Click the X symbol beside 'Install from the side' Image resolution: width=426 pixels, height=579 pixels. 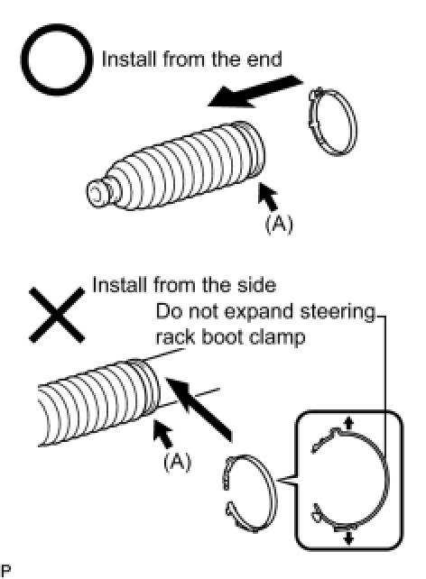coord(57,315)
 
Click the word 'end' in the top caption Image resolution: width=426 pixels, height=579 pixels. coord(264,60)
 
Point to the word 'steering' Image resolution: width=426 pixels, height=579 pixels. coord(338,312)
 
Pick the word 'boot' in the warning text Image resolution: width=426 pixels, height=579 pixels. coord(222,336)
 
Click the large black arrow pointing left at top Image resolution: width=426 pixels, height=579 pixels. coord(255,92)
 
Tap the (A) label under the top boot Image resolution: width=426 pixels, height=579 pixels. coord(279,224)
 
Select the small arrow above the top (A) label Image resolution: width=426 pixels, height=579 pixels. coord(267,197)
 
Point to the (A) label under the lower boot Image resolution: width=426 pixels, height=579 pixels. coord(177,461)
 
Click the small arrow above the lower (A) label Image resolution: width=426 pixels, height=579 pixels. coord(163,434)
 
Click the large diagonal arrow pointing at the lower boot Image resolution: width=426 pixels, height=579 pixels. coord(199,409)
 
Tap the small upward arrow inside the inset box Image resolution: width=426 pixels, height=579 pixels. coord(347,423)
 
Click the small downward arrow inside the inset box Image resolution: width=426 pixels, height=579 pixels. coord(348,538)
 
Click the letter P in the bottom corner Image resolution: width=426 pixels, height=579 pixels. coord(5,570)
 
